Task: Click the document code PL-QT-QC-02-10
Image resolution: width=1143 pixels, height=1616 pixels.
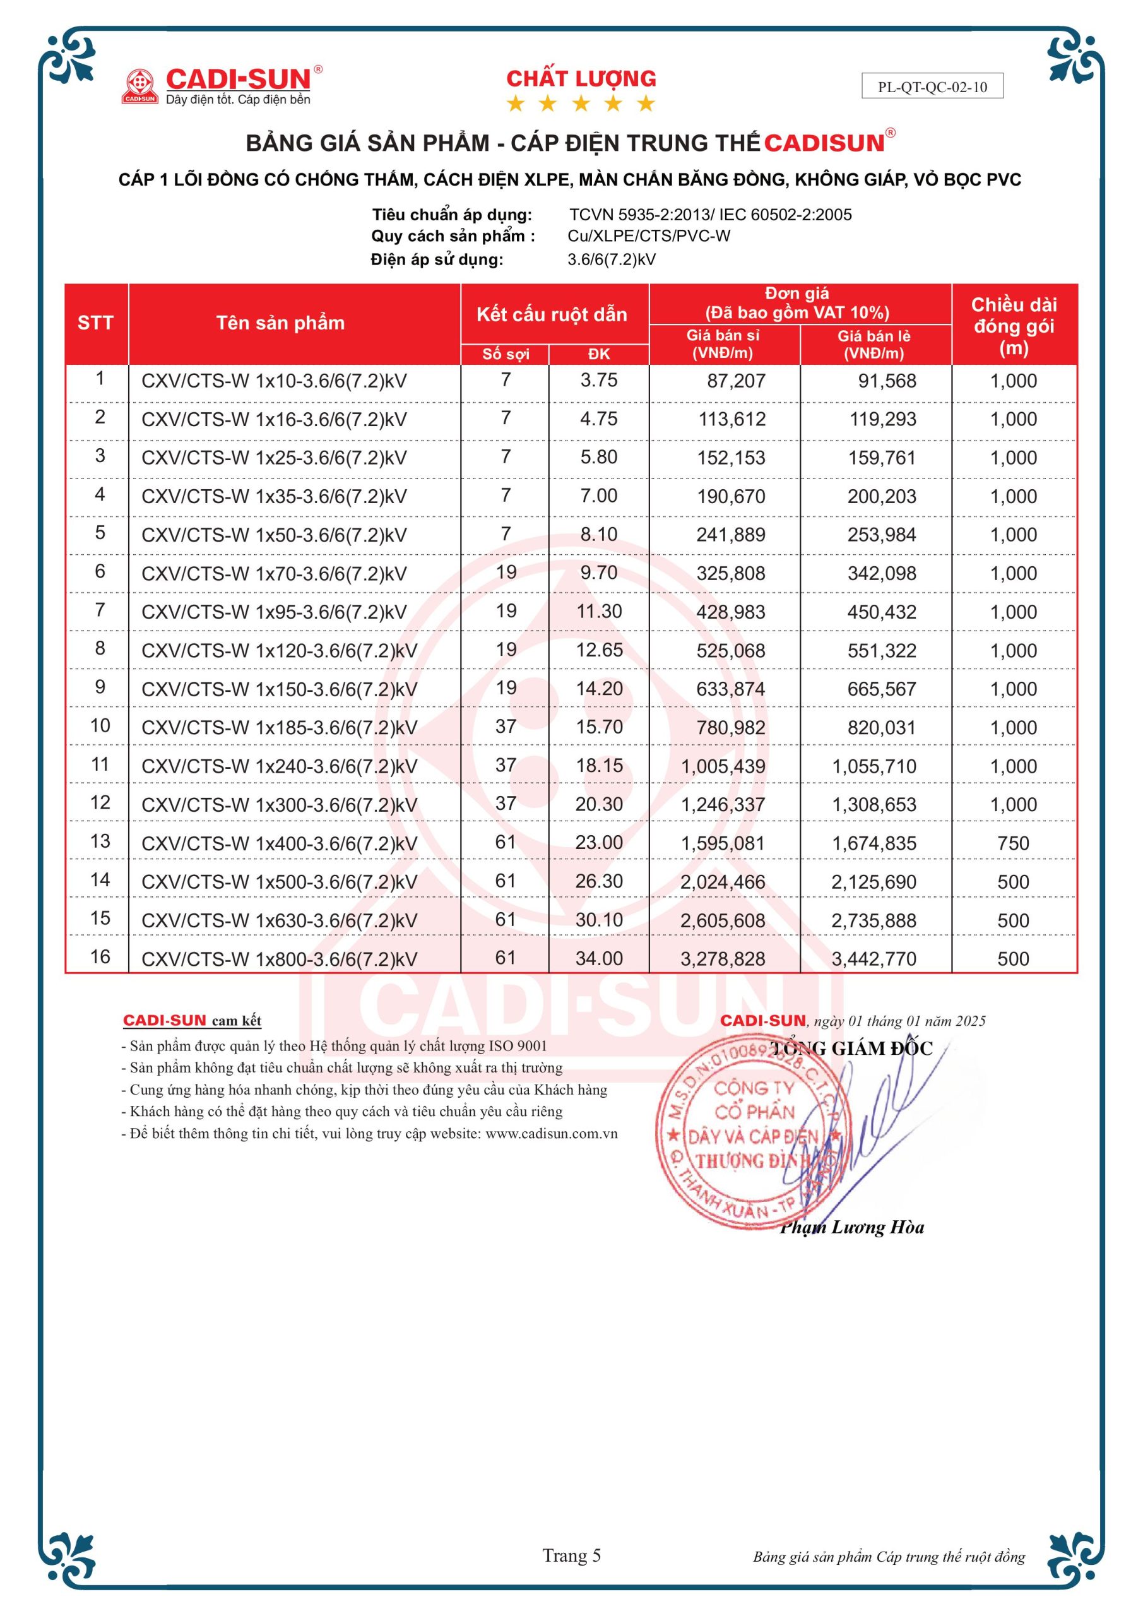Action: click(x=932, y=87)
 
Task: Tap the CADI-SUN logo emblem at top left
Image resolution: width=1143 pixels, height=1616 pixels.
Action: click(x=139, y=86)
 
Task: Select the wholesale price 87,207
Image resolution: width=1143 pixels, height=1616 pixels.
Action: click(x=735, y=381)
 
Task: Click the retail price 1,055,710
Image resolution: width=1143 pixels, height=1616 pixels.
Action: click(x=874, y=766)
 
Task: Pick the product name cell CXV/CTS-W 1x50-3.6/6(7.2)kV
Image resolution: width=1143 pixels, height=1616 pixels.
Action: click(x=274, y=535)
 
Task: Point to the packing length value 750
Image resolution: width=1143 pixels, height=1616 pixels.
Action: click(x=1013, y=843)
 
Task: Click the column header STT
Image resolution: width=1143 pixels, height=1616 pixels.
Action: click(x=95, y=323)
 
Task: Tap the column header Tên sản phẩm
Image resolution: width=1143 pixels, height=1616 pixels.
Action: click(x=280, y=323)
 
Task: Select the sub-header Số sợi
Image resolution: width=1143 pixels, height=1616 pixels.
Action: click(x=505, y=354)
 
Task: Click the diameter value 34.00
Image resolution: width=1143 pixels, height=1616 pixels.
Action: click(x=599, y=959)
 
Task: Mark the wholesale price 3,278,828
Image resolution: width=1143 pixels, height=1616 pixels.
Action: click(x=723, y=959)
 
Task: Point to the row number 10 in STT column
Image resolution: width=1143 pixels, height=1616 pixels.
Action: click(x=100, y=726)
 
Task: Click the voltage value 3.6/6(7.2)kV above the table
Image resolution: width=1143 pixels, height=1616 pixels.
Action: click(x=612, y=259)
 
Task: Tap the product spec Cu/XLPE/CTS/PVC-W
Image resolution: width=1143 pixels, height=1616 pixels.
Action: click(x=649, y=236)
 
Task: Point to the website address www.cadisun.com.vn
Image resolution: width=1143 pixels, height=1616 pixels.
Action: click(x=551, y=1133)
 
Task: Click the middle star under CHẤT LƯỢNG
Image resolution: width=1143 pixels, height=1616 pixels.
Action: click(x=581, y=104)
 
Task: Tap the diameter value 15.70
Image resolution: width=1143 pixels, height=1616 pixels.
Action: click(x=599, y=727)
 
